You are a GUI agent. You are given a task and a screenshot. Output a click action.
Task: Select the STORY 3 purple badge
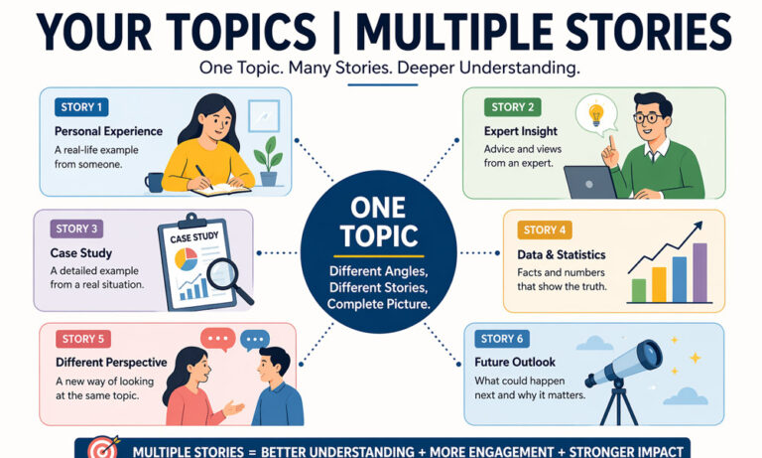pyautogui.click(x=76, y=229)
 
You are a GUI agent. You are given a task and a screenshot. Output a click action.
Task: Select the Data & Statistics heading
pyautogui.click(x=561, y=255)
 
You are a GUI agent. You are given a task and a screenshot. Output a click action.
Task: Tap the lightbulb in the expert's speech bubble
pyautogui.click(x=596, y=115)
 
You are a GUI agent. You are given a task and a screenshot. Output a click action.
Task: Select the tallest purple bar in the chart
pyautogui.click(x=699, y=271)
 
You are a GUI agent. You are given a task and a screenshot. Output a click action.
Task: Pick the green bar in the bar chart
pyautogui.click(x=639, y=289)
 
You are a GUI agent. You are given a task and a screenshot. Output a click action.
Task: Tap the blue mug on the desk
pyautogui.click(x=154, y=182)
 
